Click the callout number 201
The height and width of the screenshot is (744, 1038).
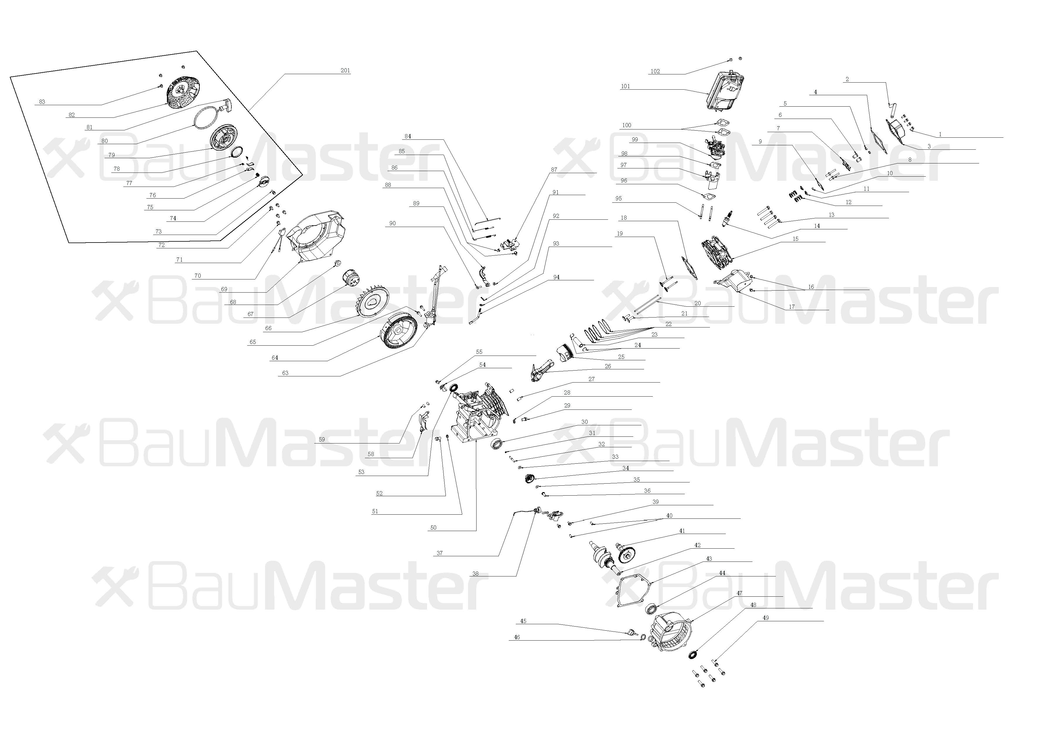click(x=345, y=71)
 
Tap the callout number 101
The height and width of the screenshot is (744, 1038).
click(x=625, y=86)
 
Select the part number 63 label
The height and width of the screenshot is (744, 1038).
click(x=285, y=373)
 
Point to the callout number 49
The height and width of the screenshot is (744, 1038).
click(x=765, y=618)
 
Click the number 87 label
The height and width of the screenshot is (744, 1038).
click(x=554, y=170)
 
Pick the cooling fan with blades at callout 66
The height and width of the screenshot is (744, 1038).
click(x=372, y=302)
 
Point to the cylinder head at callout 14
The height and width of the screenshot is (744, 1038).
click(x=717, y=252)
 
